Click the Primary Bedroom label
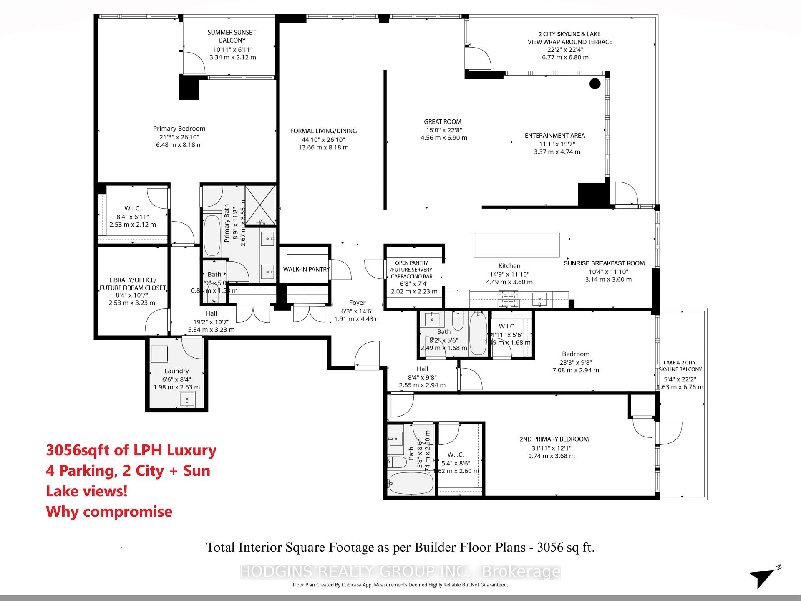click(x=179, y=129)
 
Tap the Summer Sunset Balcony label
click(x=232, y=36)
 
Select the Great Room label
click(x=443, y=121)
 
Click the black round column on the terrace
click(x=595, y=83)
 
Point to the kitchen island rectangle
click(x=516, y=245)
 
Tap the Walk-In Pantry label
click(x=306, y=269)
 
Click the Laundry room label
click(x=176, y=371)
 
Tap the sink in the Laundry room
click(x=187, y=399)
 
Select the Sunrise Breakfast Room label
click(x=604, y=263)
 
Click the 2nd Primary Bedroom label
click(x=554, y=439)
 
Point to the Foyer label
click(x=357, y=303)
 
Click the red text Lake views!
click(x=87, y=491)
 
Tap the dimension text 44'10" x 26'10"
click(x=323, y=139)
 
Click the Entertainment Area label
click(x=555, y=135)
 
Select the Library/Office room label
click(x=133, y=284)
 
